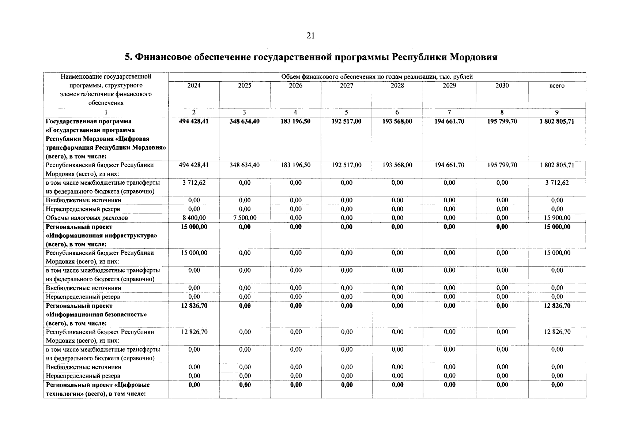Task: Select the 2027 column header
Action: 346,86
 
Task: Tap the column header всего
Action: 556,86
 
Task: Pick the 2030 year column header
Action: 502,86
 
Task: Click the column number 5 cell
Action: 346,112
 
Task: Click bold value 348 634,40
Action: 244,121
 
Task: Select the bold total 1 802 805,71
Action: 556,121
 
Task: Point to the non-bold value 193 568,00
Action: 397,165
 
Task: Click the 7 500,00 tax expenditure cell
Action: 244,218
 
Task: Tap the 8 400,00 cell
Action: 194,218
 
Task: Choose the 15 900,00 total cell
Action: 556,218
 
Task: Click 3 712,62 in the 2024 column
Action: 194,183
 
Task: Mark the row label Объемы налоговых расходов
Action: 87,218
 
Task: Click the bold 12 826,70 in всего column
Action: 556,306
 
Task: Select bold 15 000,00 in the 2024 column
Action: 194,227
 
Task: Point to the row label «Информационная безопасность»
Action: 97,315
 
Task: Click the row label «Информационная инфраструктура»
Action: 101,236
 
